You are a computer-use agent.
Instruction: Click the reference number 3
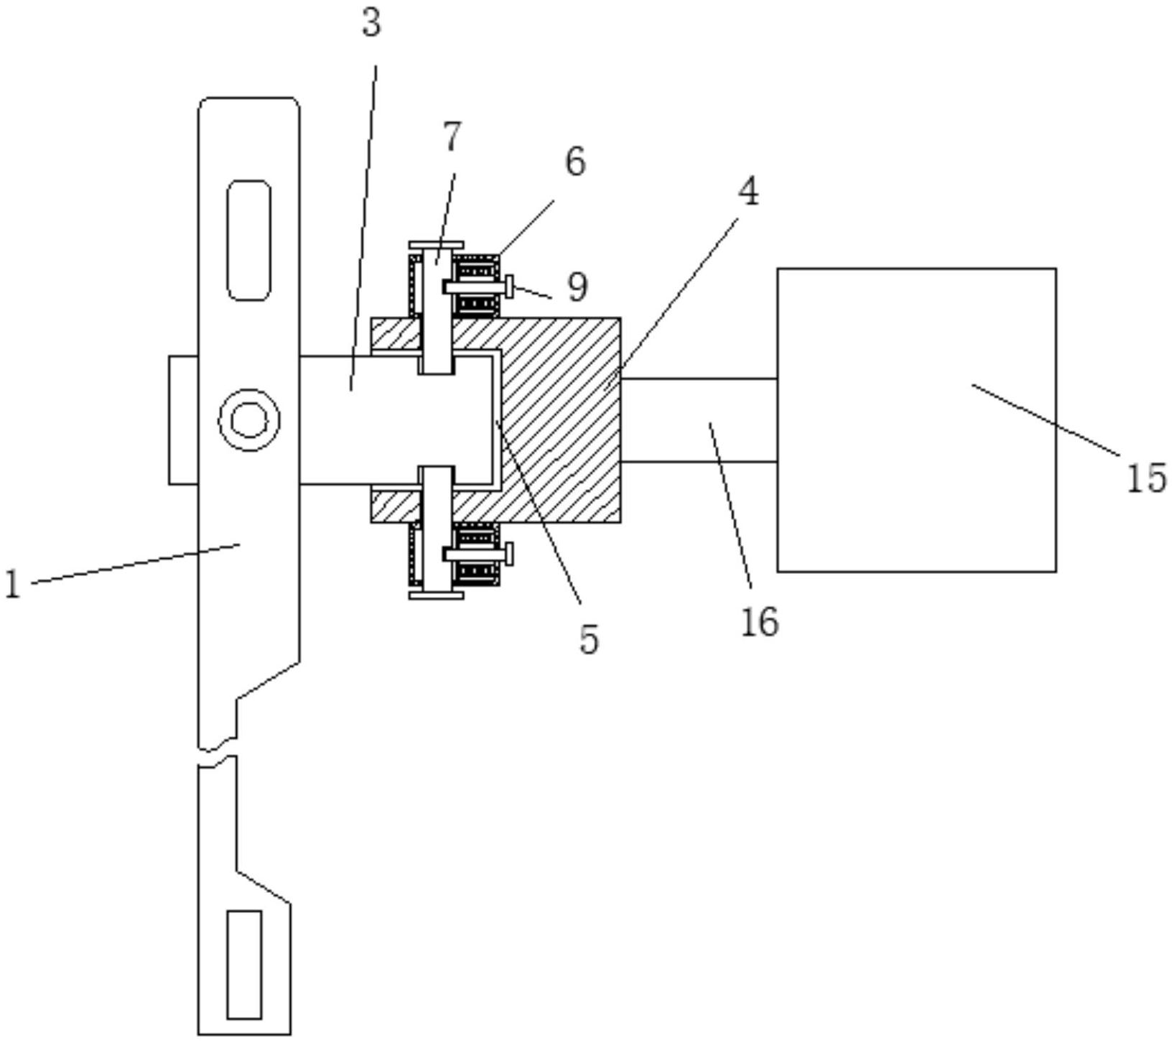[x=371, y=22]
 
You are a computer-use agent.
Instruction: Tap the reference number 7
[x=452, y=136]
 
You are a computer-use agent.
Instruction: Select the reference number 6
[x=575, y=161]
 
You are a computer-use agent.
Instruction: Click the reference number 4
[x=748, y=191]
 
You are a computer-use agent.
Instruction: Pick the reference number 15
[x=1147, y=478]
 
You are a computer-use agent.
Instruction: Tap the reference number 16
[x=759, y=621]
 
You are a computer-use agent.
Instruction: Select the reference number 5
[x=589, y=639]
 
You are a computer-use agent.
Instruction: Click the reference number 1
[x=12, y=583]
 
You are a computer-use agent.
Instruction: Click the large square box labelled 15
[x=917, y=420]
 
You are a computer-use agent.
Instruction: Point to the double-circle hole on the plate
[x=249, y=420]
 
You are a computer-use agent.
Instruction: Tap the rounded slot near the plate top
[x=249, y=240]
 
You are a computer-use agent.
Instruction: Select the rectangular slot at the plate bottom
[x=244, y=965]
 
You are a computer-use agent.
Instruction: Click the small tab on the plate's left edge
[x=184, y=419]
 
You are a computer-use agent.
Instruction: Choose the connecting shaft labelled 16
[x=699, y=420]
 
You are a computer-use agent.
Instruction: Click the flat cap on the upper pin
[x=437, y=246]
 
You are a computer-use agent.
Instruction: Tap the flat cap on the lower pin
[x=437, y=595]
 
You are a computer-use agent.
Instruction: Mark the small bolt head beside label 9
[x=510, y=287]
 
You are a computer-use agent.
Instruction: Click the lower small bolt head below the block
[x=510, y=554]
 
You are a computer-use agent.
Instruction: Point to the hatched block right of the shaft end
[x=561, y=420]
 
